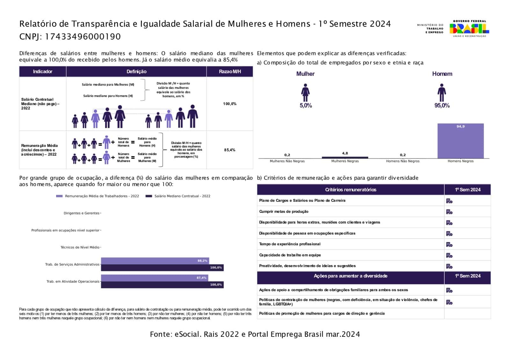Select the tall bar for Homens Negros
click(460, 141)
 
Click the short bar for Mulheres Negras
click(345, 157)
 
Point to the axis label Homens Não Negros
click(403, 161)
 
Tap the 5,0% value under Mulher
click(305, 105)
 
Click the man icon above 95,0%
click(441, 92)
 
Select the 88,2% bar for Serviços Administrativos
click(155, 261)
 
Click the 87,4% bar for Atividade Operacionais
click(154, 278)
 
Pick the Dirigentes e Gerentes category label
click(82, 213)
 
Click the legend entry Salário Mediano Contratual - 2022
click(182, 196)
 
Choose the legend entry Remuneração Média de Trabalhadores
click(102, 196)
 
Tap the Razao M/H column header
click(229, 72)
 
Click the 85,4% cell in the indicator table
click(229, 150)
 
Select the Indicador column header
click(42, 72)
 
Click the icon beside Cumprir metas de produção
click(449, 212)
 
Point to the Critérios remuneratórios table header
click(350, 190)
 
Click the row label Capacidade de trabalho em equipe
click(290, 255)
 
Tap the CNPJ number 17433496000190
click(83, 37)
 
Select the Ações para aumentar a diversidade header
click(350, 276)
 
